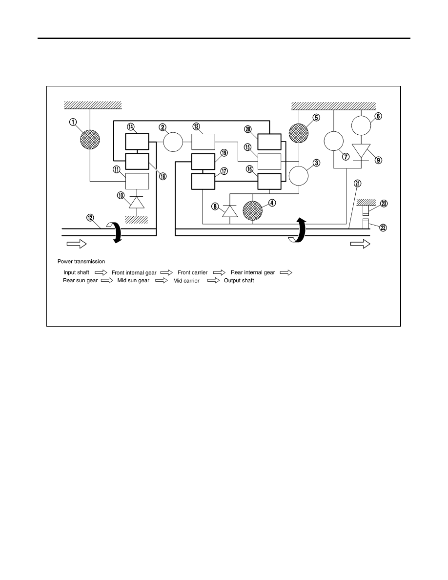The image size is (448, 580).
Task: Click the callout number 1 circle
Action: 73,122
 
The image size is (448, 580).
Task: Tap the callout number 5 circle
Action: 316,118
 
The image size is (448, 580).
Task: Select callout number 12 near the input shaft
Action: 90,218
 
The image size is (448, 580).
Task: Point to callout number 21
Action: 357,184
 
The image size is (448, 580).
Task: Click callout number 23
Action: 384,204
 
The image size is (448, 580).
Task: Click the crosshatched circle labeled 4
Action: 252,210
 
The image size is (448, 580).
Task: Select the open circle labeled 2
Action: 173,142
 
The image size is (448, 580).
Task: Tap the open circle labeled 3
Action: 299,176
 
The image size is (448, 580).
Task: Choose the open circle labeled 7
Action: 334,141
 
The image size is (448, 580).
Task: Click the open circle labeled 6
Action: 361,125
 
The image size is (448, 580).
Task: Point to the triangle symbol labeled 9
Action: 361,151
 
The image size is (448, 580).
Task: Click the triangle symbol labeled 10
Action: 137,203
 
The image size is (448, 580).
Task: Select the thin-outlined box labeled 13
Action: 204,142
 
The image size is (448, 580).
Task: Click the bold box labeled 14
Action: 137,142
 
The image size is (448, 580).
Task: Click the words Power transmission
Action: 81,262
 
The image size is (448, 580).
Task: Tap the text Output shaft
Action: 239,280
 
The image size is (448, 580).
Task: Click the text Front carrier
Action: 193,272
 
